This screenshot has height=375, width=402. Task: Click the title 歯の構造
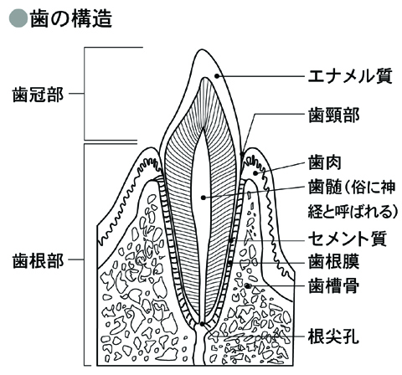tap(71, 19)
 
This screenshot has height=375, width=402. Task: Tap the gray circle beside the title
tap(18, 19)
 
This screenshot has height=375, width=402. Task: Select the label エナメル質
tap(350, 75)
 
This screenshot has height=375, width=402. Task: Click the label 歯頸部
tap(333, 115)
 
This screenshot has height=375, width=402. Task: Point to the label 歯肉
tap(325, 162)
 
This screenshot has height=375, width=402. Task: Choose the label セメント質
tap(348, 239)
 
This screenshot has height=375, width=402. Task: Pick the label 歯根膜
tap(333, 261)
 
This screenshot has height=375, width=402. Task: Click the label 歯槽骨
tap(333, 285)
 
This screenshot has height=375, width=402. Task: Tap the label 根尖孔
tap(333, 336)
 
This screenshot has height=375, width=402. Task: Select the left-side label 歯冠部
tap(38, 95)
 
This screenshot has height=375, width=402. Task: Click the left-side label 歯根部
tap(38, 261)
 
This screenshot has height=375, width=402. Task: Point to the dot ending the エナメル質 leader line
tap(216, 75)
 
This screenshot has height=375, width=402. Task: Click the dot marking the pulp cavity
tap(204, 198)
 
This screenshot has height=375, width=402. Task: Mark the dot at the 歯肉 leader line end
tap(255, 173)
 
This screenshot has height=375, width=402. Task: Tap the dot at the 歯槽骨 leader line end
tap(247, 285)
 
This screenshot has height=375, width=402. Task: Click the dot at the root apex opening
tap(202, 324)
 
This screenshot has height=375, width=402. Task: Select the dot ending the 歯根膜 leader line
tap(230, 263)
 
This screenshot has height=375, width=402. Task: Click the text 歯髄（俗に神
tap(352, 187)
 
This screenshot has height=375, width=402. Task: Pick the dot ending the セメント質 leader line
tap(231, 240)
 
